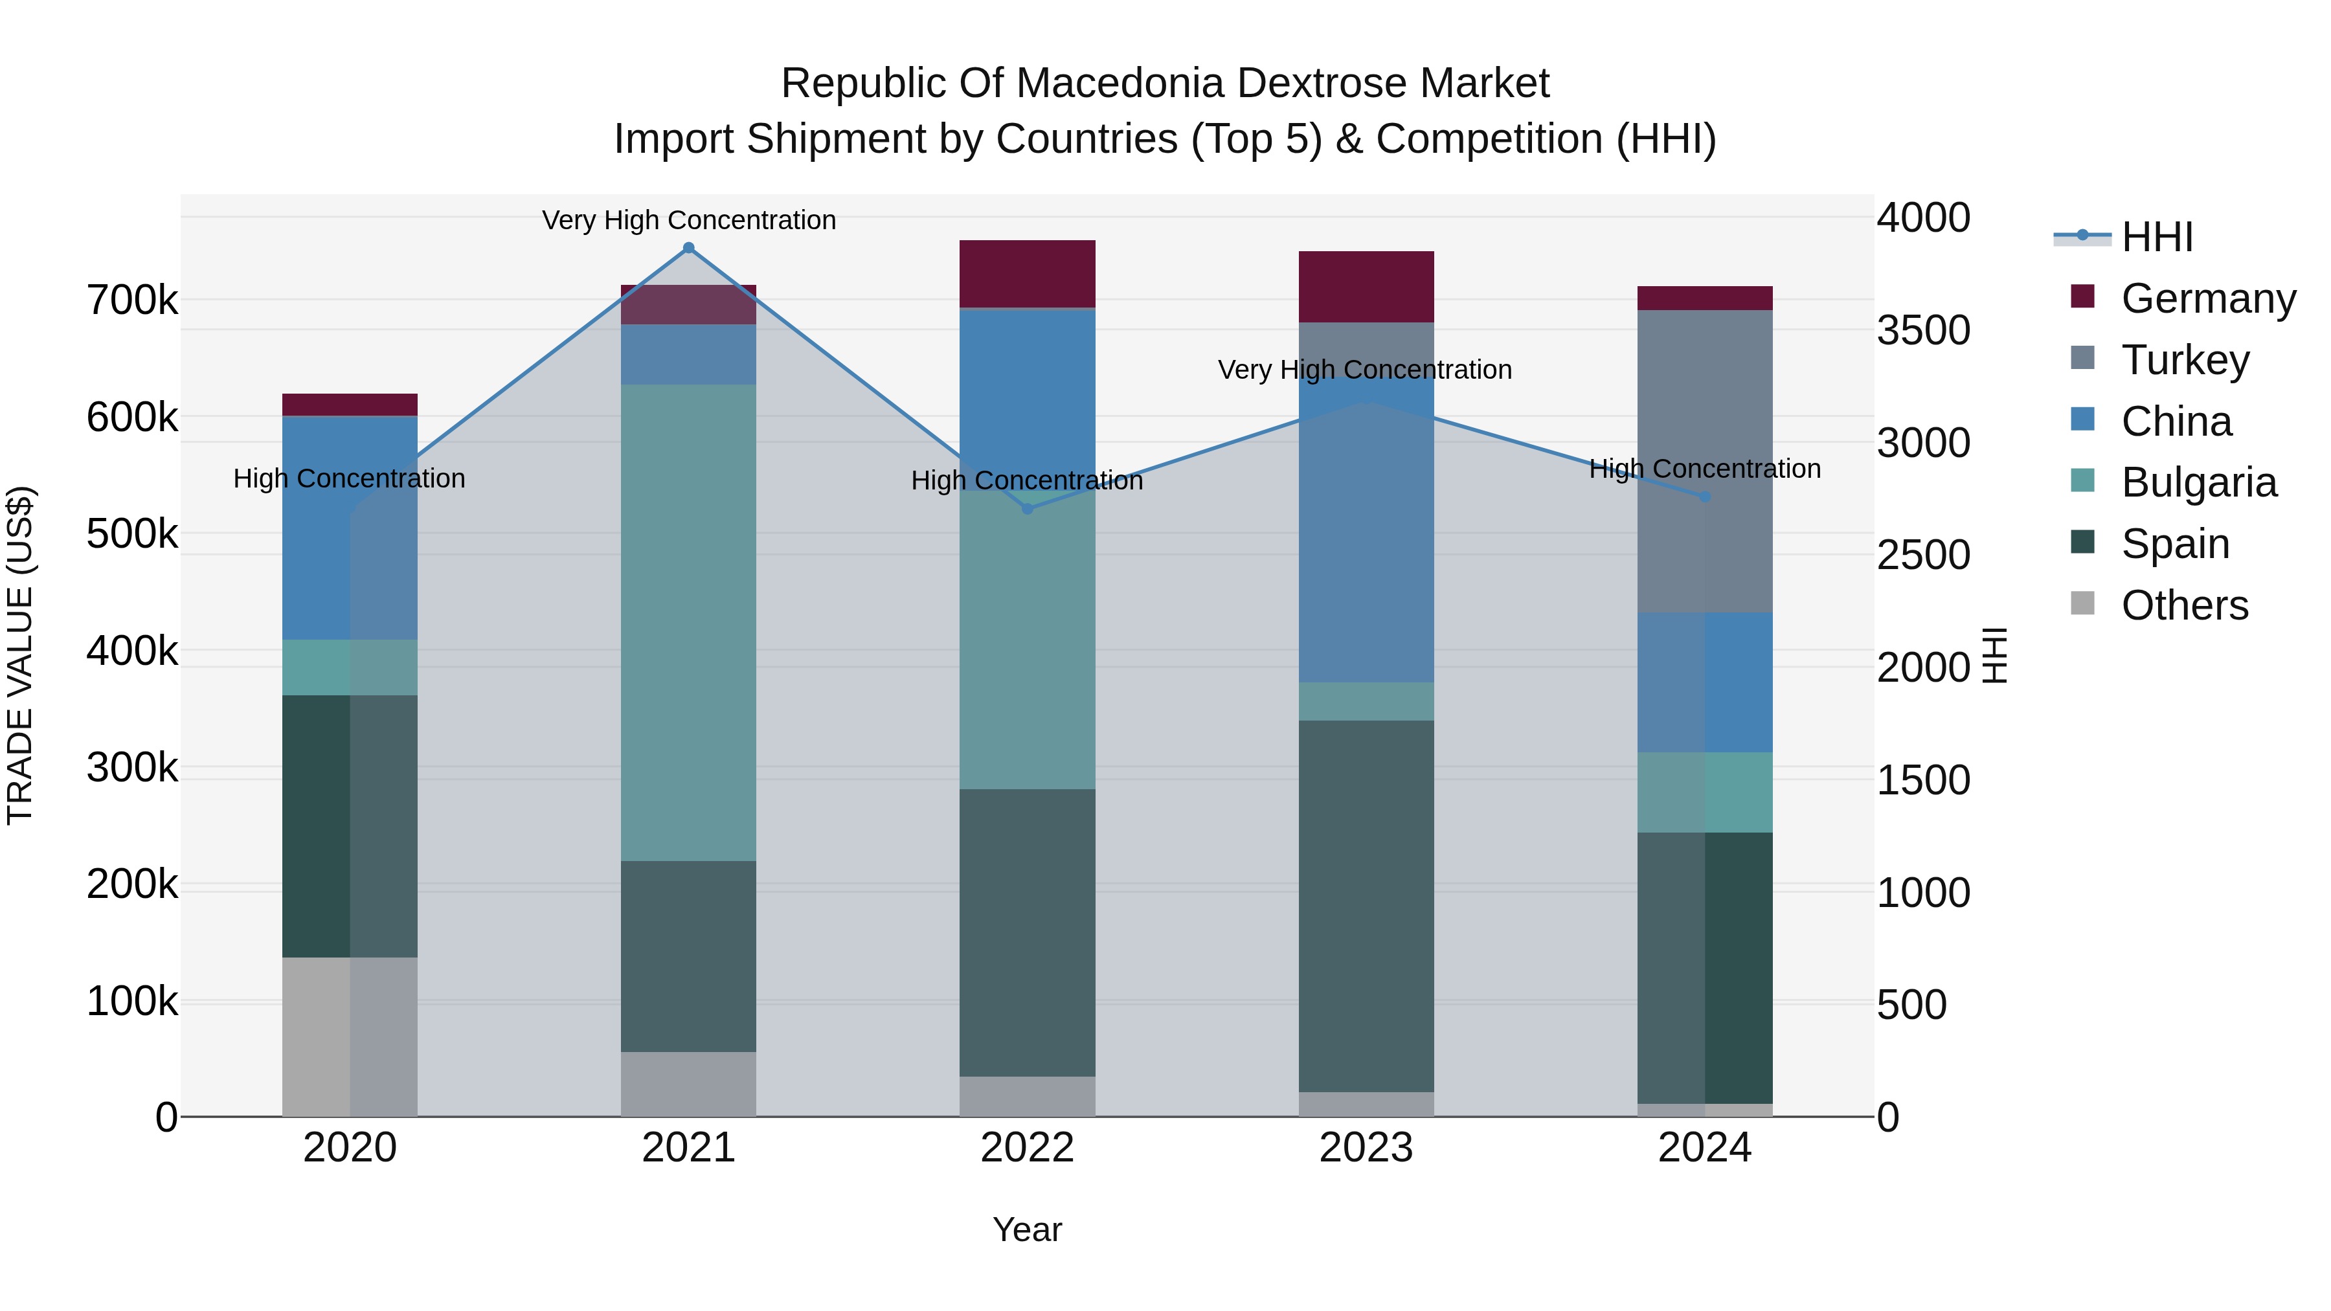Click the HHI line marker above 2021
[x=689, y=248]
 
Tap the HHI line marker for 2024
[x=1705, y=497]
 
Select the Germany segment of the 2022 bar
[x=1027, y=273]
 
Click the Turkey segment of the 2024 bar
[x=1705, y=462]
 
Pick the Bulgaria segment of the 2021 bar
[x=689, y=622]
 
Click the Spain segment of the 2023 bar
[x=1366, y=905]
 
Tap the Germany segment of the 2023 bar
[x=1366, y=287]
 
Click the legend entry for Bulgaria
[x=2198, y=482]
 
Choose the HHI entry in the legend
[x=2156, y=237]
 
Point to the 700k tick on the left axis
[x=132, y=300]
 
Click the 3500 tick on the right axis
[x=1923, y=330]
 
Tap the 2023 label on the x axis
[x=1366, y=1148]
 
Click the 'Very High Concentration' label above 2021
[x=689, y=220]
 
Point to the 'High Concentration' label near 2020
[x=349, y=478]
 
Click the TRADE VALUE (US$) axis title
[x=20, y=655]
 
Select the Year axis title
[x=1027, y=1229]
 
